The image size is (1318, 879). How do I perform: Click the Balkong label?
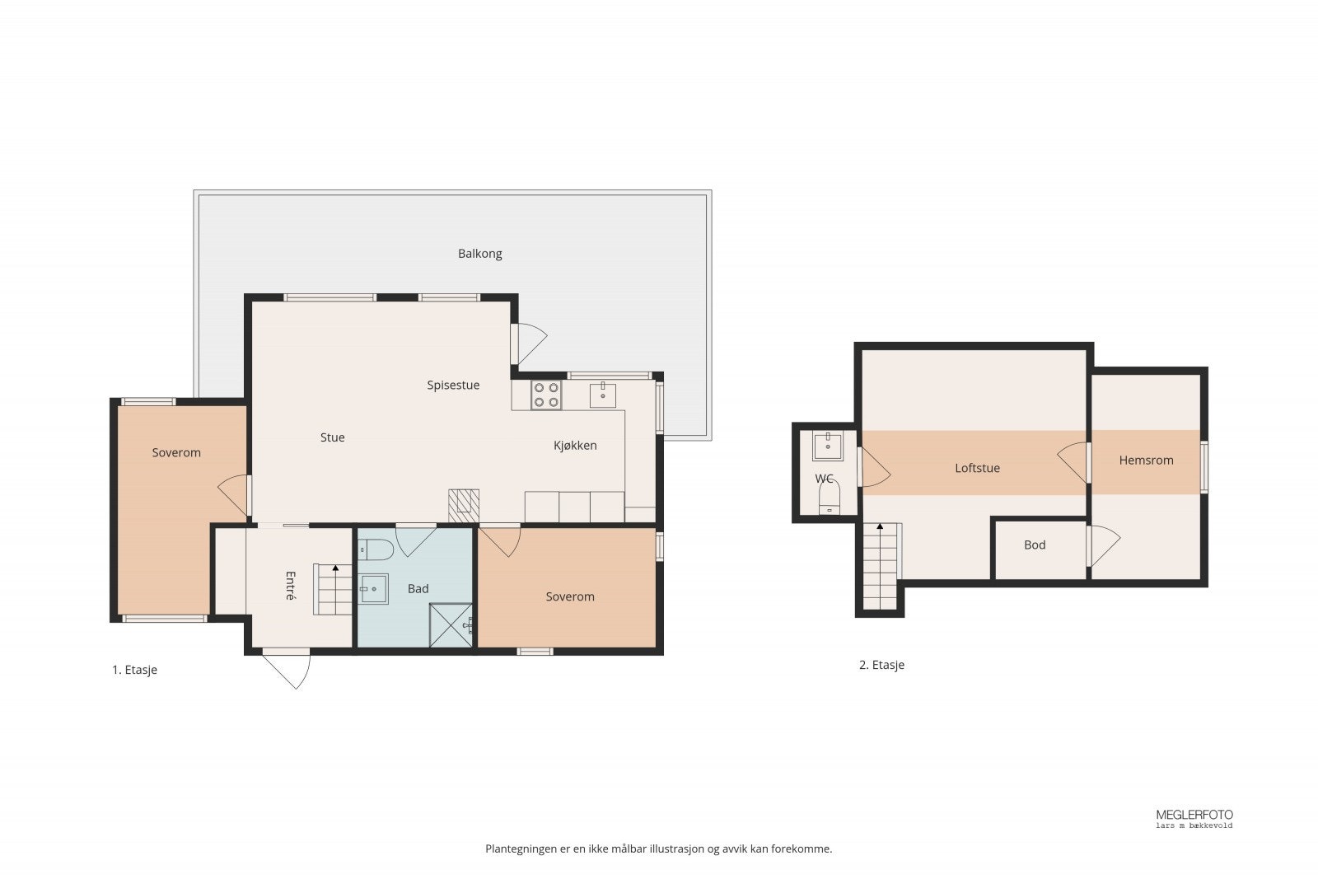click(x=479, y=254)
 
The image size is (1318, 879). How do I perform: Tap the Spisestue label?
click(x=453, y=386)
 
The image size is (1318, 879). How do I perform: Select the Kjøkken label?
click(x=575, y=446)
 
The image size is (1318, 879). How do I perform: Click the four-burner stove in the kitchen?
click(x=546, y=395)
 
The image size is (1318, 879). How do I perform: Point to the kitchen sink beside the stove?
click(x=602, y=395)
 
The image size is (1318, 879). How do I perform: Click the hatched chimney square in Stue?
click(x=464, y=506)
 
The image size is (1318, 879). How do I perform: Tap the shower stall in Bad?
click(x=451, y=624)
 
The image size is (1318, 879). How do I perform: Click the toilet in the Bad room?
click(x=376, y=549)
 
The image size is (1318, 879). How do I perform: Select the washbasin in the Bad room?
click(x=374, y=589)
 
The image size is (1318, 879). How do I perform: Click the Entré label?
click(x=290, y=586)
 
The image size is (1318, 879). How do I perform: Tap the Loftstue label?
click(x=977, y=468)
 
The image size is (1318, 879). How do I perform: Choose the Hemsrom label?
click(x=1146, y=461)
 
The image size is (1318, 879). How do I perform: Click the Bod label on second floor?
click(x=1035, y=545)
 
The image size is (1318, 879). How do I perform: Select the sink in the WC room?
click(x=828, y=446)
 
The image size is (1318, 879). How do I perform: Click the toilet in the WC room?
click(x=829, y=497)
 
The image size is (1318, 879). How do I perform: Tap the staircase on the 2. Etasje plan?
click(x=881, y=566)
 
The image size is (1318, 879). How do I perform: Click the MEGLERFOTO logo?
click(x=1194, y=818)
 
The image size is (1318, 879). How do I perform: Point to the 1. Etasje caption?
click(x=135, y=670)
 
